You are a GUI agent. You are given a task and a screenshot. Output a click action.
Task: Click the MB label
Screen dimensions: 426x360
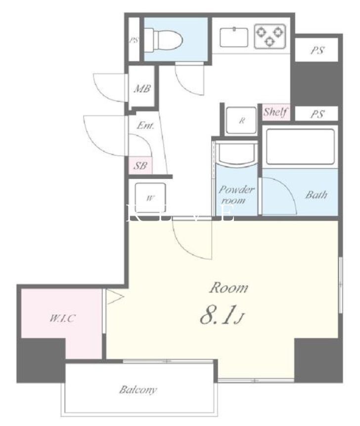[142, 89]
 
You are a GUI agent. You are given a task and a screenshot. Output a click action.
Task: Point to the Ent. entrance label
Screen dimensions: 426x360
[145, 126]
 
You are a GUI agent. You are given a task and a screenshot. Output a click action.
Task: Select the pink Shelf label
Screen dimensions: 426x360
[275, 112]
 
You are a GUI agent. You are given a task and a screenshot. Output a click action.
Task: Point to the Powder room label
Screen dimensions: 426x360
[236, 195]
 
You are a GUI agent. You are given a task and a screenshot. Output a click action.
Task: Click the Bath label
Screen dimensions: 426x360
[315, 194]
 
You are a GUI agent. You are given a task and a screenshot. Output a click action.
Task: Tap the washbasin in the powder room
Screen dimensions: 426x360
[236, 156]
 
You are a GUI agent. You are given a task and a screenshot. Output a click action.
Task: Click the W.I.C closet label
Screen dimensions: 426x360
[62, 318]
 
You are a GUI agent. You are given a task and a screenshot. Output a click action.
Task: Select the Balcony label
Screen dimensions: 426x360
[138, 390]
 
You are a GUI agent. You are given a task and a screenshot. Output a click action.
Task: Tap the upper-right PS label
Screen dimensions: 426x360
[317, 50]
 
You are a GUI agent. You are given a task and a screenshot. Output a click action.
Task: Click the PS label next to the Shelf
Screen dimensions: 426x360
[317, 114]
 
